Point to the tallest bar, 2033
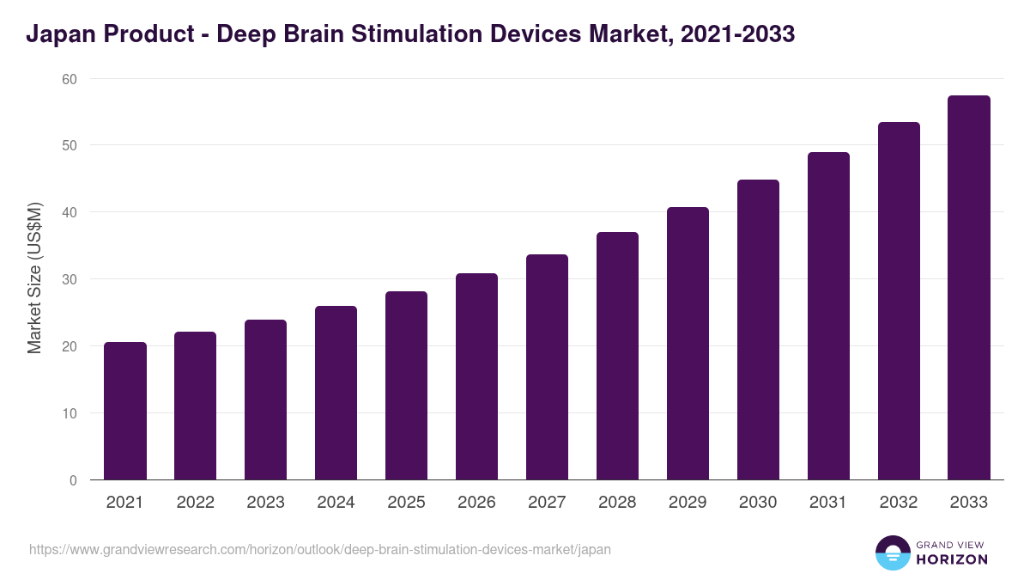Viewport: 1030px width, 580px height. [969, 288]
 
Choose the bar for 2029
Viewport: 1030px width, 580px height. [688, 344]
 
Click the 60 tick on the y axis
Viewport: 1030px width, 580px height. [69, 79]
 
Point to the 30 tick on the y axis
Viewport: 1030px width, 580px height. [69, 279]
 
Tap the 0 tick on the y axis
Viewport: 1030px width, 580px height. [73, 480]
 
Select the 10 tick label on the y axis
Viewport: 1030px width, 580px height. [69, 413]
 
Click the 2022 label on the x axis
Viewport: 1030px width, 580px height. [195, 503]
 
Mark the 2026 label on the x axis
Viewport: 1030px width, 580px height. [476, 503]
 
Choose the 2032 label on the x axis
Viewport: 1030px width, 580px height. [899, 503]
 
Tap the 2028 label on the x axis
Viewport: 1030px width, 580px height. [617, 503]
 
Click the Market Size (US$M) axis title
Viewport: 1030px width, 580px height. [34, 279]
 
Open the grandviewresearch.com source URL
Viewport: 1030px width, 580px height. [320, 549]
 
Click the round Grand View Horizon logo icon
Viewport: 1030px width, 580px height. [892, 553]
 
